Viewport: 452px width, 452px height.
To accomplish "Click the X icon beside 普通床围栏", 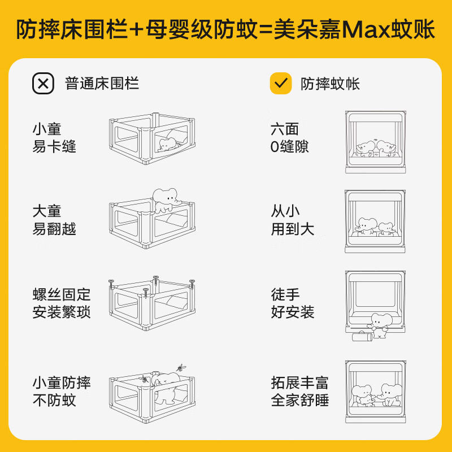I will click(x=43, y=84).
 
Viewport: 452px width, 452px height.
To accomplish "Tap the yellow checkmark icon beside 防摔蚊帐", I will click(x=280, y=84).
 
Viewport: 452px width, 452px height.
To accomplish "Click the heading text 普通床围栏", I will click(x=102, y=84).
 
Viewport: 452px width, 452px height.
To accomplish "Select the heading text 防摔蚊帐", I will click(x=330, y=84).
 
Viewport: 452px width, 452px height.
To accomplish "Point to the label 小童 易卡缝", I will click(x=54, y=138).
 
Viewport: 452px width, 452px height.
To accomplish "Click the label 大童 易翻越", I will click(x=54, y=220).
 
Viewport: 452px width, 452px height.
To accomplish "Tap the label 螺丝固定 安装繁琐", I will click(x=62, y=303).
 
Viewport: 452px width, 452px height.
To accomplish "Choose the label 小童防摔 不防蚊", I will click(x=62, y=392).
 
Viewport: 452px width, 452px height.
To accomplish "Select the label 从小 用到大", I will click(x=292, y=220).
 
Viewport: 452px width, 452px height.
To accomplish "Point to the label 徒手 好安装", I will click(x=292, y=303).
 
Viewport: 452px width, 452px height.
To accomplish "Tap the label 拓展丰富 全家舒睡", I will click(x=299, y=392).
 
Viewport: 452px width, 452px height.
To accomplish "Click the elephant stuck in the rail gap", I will click(x=168, y=144).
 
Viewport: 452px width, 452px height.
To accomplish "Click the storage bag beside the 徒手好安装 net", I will click(x=361, y=337).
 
